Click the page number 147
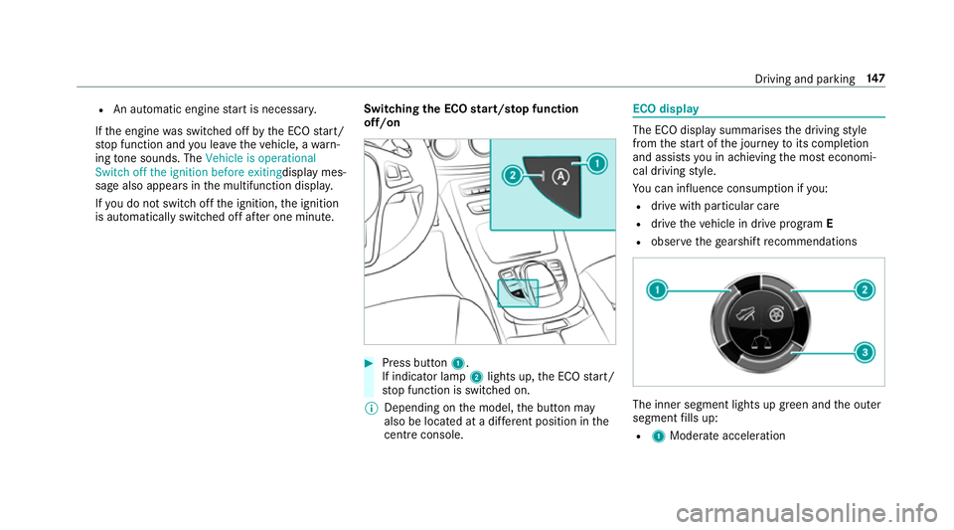coord(876,79)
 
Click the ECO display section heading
coord(666,109)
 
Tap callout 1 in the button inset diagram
coord(597,164)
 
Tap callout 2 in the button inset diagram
coord(513,176)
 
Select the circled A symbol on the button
coord(560,177)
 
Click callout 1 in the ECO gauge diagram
coord(657,289)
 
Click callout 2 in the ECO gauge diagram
coord(864,289)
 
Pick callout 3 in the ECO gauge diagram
coord(864,352)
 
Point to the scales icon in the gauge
coord(758,342)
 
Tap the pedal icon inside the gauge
coord(744,314)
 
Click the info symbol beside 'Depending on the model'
coord(371,409)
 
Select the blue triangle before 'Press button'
coord(368,363)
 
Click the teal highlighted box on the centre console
coord(518,293)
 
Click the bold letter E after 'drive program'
coord(830,224)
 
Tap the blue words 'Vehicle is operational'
coord(260,158)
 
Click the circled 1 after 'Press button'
coord(457,364)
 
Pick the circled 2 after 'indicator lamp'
coord(476,377)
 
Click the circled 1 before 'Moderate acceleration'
coord(658,437)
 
